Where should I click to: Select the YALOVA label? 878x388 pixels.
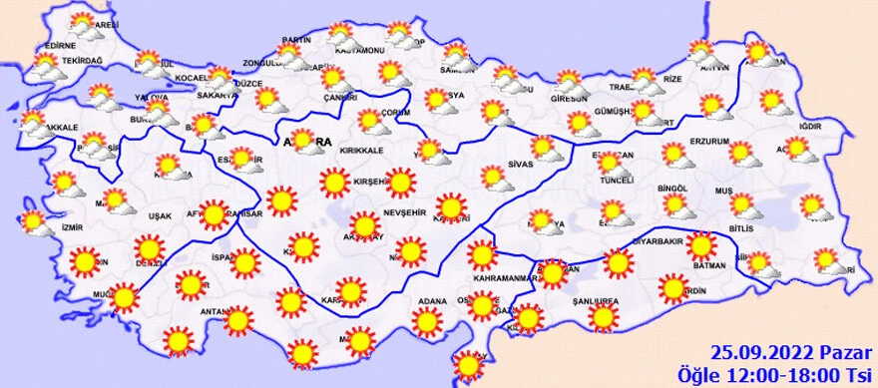[150, 98]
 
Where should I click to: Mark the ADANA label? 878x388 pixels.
[431, 300]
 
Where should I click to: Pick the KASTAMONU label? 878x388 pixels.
[360, 50]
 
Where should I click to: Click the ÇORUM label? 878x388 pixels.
[395, 113]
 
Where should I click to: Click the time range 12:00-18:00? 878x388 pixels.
[798, 372]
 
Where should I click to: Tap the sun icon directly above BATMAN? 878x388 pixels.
[702, 245]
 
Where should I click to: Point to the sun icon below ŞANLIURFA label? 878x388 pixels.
[603, 318]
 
